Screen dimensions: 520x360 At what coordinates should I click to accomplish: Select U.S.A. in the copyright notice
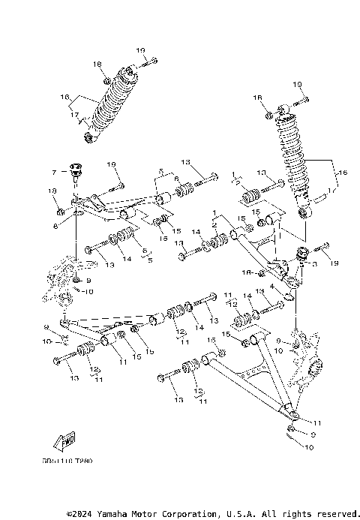click(241, 514)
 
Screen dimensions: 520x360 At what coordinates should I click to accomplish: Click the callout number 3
click(311, 264)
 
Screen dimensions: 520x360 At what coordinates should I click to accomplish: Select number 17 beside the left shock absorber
click(75, 114)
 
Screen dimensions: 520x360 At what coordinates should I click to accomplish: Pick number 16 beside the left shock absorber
click(65, 97)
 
